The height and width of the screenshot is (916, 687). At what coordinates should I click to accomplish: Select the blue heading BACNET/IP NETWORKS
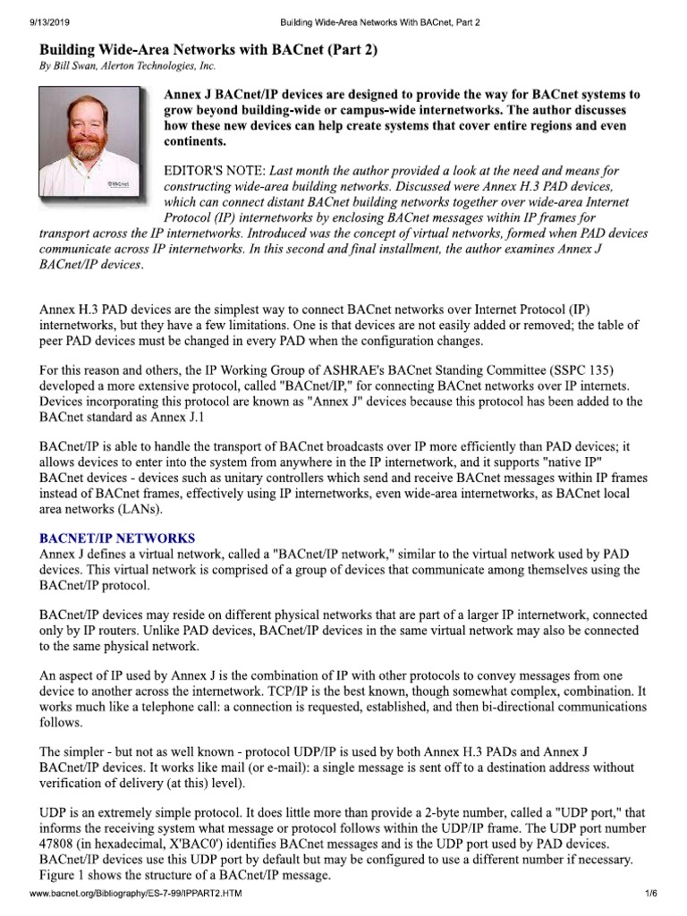click(x=117, y=539)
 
